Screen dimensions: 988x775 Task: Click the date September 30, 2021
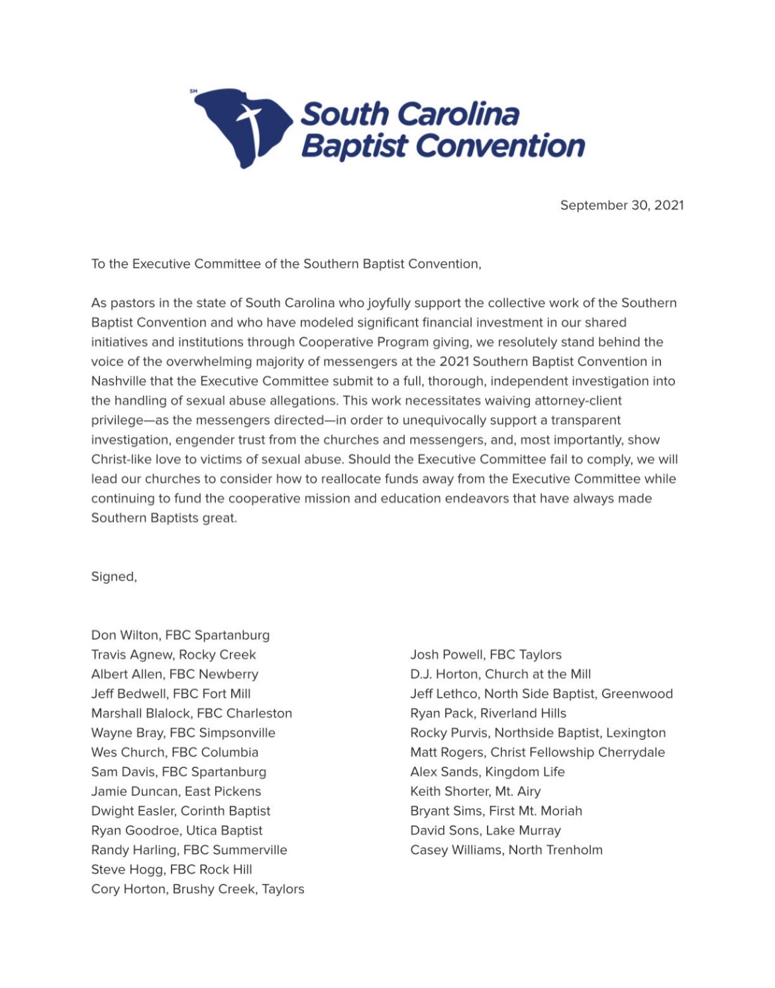(x=621, y=205)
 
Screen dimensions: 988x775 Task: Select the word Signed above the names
(x=113, y=576)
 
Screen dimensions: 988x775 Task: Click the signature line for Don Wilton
(x=180, y=635)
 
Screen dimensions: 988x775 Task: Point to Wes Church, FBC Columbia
(x=175, y=752)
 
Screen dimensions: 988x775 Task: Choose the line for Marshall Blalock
(x=191, y=713)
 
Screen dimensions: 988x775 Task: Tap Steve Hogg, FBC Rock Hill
(x=172, y=869)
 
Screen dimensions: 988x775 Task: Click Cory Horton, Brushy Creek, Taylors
(x=197, y=889)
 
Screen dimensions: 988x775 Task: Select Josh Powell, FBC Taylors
(x=486, y=655)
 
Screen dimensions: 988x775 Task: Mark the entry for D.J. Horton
(x=500, y=674)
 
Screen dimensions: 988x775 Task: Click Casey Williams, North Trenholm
(x=506, y=850)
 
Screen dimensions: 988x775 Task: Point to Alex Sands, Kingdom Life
(x=487, y=771)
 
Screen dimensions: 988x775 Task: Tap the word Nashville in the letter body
(x=118, y=381)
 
